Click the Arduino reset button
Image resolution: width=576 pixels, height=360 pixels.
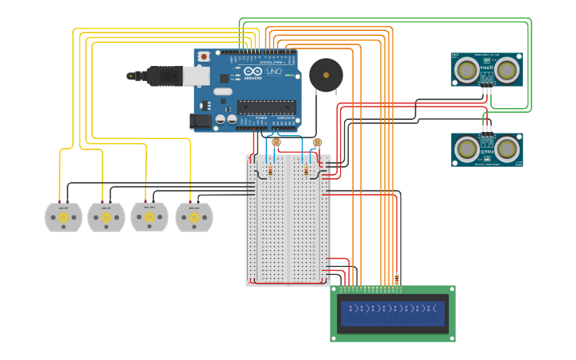[x=204, y=56]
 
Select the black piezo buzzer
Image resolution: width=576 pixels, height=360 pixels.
[x=326, y=75]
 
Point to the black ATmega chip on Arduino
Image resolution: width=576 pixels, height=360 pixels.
[x=266, y=106]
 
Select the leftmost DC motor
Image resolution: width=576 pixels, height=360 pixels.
[x=63, y=217]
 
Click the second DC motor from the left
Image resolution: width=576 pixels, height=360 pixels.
[x=106, y=217]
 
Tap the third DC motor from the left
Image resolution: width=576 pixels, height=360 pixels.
[x=149, y=216]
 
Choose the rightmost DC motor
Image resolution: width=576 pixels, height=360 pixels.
[x=194, y=217]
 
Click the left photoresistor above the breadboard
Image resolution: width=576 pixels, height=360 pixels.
[x=276, y=143]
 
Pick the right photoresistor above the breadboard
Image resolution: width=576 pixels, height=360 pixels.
[x=317, y=143]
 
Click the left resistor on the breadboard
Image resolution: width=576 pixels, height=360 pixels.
[x=271, y=169]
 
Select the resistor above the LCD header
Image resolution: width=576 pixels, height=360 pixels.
[x=396, y=279]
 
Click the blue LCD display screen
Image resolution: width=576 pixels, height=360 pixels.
[x=393, y=313]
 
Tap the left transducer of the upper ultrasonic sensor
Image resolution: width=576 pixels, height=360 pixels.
[x=467, y=71]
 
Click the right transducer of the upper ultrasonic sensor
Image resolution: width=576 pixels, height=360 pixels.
[x=506, y=71]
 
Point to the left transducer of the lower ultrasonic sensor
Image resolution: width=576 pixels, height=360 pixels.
[x=467, y=148]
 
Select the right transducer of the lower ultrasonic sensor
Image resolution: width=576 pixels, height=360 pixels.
[x=506, y=148]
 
